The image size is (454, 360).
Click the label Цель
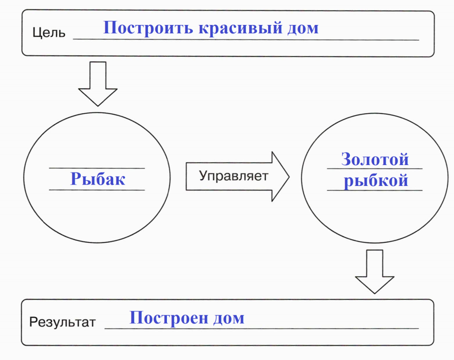[49, 32]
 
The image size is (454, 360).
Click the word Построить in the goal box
[148, 28]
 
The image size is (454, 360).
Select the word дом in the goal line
[303, 28]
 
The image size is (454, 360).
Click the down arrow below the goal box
[98, 84]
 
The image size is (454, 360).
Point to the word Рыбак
[98, 179]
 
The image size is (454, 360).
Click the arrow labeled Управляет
[237, 177]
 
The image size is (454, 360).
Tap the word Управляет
[233, 176]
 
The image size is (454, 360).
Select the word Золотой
[375, 159]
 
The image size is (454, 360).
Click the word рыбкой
[376, 180]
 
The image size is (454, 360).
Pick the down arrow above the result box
[375, 272]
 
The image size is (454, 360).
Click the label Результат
[62, 322]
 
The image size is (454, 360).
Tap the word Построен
[169, 318]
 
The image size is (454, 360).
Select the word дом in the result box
[229, 318]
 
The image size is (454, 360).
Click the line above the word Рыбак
[97, 168]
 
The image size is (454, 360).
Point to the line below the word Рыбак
[97, 190]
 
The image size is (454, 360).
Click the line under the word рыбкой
[375, 190]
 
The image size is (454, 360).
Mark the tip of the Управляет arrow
[289, 177]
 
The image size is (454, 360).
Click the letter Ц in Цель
[36, 33]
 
